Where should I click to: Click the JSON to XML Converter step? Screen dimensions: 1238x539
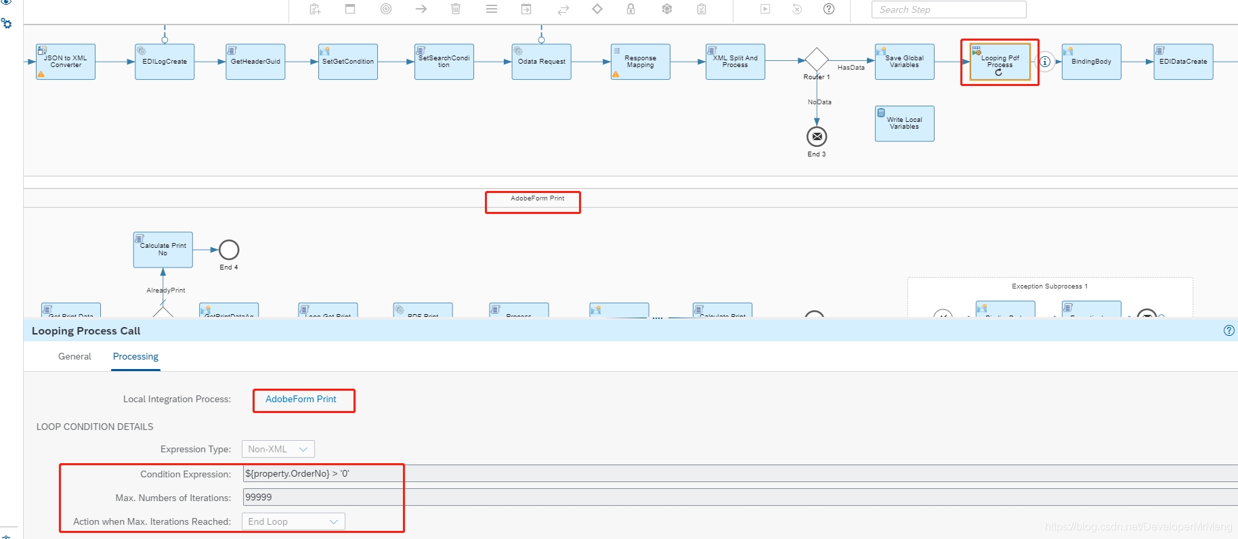pos(66,62)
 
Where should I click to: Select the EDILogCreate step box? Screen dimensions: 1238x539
pos(165,62)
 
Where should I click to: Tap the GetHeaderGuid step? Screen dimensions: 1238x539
pos(255,62)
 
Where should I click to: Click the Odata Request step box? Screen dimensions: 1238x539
pos(541,62)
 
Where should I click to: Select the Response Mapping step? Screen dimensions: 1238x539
pos(640,62)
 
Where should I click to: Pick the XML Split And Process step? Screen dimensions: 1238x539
pos(735,62)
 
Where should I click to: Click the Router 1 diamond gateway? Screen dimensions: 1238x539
pos(817,60)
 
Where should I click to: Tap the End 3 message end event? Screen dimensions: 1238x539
pos(817,137)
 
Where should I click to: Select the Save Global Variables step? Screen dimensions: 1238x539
pos(904,62)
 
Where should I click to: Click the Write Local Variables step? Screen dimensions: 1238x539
pos(904,123)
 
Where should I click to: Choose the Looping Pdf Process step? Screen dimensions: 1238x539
pos(1000,62)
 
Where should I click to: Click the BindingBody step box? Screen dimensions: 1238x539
pos(1091,62)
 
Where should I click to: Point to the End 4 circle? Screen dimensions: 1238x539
pos(229,250)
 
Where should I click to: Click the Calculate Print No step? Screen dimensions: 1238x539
pos(163,250)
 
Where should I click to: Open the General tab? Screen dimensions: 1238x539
pos(74,356)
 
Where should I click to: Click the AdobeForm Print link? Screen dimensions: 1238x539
pos(301,400)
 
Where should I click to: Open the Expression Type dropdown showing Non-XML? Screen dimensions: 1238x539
pos(278,449)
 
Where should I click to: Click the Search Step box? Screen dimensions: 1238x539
pos(948,9)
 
